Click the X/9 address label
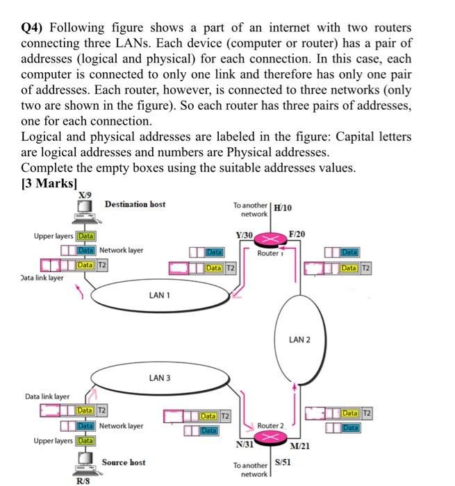click(x=84, y=196)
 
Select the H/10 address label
click(x=283, y=207)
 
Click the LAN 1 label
click(x=160, y=296)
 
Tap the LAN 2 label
click(x=299, y=340)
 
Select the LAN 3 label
click(x=160, y=378)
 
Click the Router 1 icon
click(x=269, y=240)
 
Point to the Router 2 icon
click(x=269, y=436)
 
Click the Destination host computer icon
click(x=86, y=210)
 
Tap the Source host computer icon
click(x=85, y=460)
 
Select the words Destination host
click(x=135, y=203)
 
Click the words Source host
click(x=124, y=462)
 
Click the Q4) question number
click(x=33, y=28)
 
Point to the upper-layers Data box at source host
click(x=86, y=440)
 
